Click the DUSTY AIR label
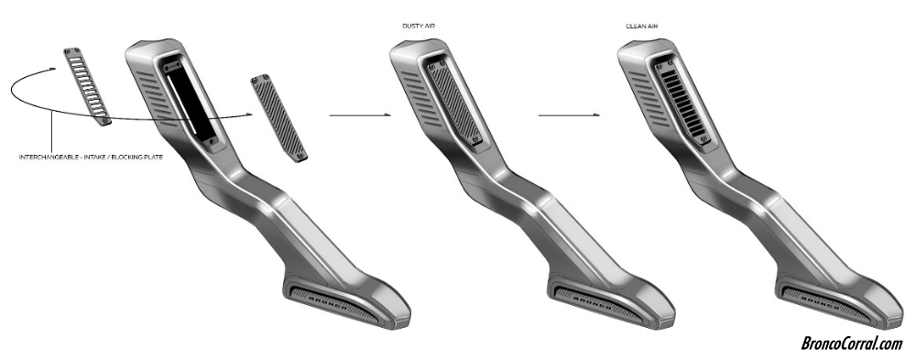(x=419, y=27)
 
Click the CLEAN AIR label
(x=642, y=27)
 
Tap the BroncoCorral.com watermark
(x=851, y=343)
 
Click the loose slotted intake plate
(x=87, y=86)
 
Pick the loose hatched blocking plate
(x=279, y=119)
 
